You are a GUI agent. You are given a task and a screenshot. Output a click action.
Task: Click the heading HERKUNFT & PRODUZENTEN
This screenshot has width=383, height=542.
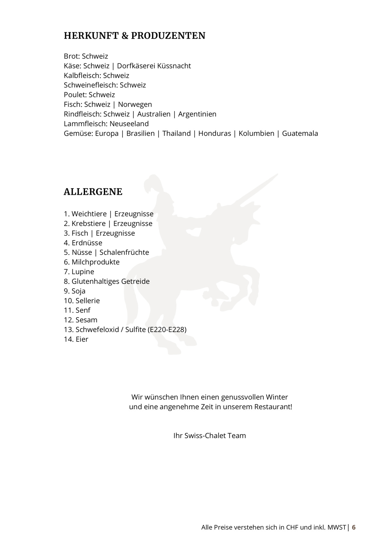tap(134, 36)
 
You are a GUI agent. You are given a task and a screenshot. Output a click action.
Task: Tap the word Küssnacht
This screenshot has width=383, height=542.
tap(174, 66)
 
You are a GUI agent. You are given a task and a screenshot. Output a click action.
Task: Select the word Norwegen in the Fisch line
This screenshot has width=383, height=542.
tap(135, 104)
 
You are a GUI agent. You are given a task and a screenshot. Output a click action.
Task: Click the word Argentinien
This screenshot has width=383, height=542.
tap(197, 114)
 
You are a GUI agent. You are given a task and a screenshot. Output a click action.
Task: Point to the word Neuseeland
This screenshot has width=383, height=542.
tap(129, 124)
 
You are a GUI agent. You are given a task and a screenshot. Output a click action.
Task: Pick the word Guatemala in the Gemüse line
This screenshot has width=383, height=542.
tap(300, 134)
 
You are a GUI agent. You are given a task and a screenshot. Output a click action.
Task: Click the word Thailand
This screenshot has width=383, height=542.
tap(176, 134)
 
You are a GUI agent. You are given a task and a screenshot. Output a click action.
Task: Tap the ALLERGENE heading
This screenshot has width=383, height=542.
tap(93, 192)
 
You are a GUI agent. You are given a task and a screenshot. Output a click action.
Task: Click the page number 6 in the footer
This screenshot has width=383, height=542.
tap(354, 528)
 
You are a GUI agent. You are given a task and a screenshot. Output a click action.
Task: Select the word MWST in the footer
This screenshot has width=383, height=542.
tap(337, 528)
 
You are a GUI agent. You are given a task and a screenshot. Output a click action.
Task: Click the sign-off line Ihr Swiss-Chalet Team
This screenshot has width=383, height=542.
tap(209, 436)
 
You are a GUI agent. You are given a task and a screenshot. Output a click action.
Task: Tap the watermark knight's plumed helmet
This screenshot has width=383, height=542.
tap(153, 185)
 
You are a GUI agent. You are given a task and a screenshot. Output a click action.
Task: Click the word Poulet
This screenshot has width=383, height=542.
tap(75, 95)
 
